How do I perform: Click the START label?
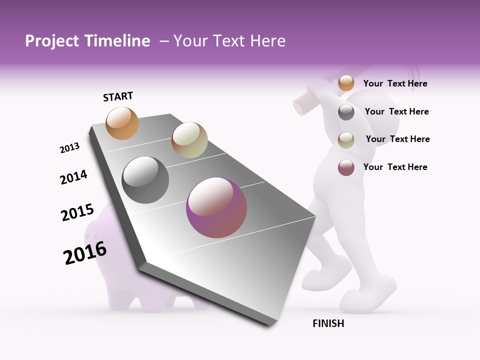[x=118, y=96]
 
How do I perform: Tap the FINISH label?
[x=328, y=323]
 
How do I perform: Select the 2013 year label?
[x=69, y=148]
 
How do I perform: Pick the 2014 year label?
[x=73, y=177]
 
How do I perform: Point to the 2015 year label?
[x=77, y=212]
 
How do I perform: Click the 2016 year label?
[x=85, y=253]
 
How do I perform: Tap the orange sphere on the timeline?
[x=122, y=123]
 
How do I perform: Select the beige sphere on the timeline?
[x=189, y=140]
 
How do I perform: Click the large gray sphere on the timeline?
[x=145, y=180]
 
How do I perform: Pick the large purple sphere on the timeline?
[x=216, y=207]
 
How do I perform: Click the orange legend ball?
[x=346, y=83]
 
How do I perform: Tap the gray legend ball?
[x=346, y=112]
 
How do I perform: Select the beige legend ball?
[x=346, y=140]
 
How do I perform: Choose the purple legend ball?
[x=346, y=167]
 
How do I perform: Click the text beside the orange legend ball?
[x=395, y=83]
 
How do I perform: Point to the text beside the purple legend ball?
[x=395, y=167]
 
